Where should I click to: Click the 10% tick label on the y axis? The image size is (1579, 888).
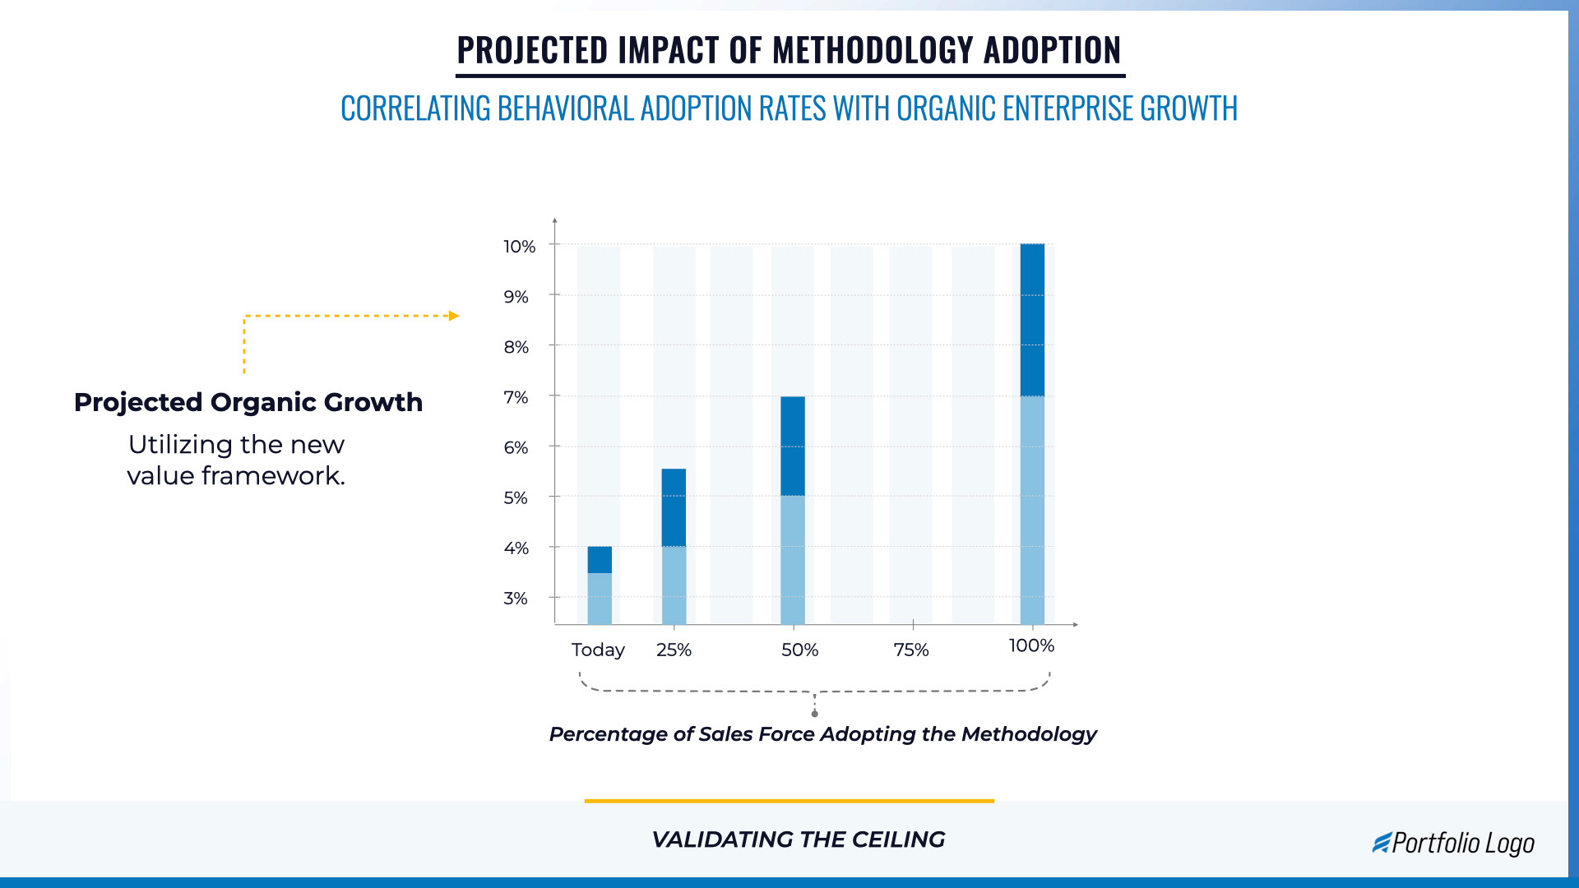[519, 247]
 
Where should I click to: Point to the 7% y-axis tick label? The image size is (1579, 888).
[516, 398]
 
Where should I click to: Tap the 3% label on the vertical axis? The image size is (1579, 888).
[516, 599]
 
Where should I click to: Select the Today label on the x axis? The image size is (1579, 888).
[598, 650]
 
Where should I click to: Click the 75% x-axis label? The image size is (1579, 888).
[911, 650]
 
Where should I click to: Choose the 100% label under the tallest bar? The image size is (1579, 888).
[1031, 646]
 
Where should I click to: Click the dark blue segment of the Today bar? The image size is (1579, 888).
[600, 560]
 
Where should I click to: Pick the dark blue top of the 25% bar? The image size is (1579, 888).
[674, 507]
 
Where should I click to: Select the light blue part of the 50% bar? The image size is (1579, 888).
[793, 559]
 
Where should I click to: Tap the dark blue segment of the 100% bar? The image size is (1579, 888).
[1032, 321]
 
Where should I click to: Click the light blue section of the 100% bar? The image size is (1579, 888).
[1032, 510]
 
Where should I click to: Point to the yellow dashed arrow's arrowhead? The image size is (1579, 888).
[454, 316]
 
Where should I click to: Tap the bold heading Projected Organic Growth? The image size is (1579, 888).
[248, 402]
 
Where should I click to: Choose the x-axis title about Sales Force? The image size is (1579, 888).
[822, 734]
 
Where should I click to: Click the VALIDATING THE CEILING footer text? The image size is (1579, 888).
[798, 839]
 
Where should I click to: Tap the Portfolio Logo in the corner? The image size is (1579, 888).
[1453, 844]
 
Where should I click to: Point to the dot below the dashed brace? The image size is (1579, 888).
[814, 714]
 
